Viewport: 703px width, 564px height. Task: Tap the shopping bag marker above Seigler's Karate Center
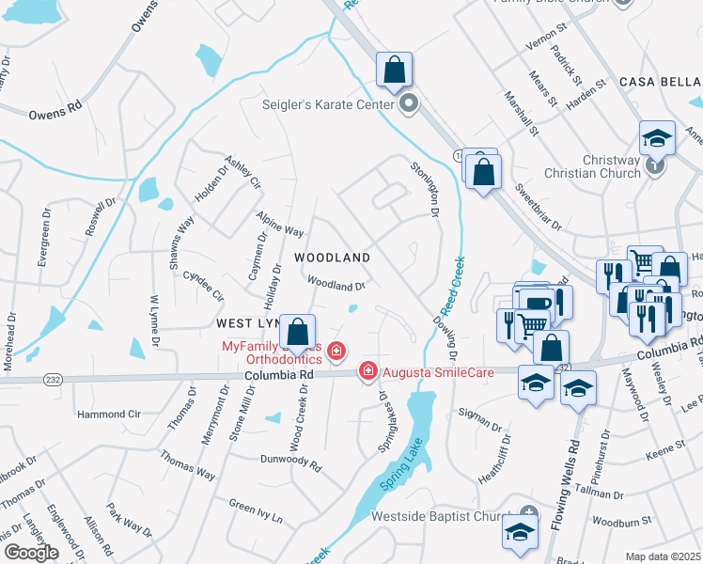point(394,70)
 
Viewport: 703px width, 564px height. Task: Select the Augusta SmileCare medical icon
point(368,372)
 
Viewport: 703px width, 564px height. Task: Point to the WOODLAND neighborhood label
point(331,257)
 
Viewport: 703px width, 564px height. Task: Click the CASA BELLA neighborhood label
point(658,83)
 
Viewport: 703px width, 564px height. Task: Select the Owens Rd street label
point(55,117)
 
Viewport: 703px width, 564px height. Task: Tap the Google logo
point(31,552)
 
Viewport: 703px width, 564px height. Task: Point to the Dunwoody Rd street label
point(290,462)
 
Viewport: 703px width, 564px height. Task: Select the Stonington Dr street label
point(424,189)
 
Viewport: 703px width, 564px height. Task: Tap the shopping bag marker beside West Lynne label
point(298,332)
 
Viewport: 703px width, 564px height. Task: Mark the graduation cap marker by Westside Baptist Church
point(520,533)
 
